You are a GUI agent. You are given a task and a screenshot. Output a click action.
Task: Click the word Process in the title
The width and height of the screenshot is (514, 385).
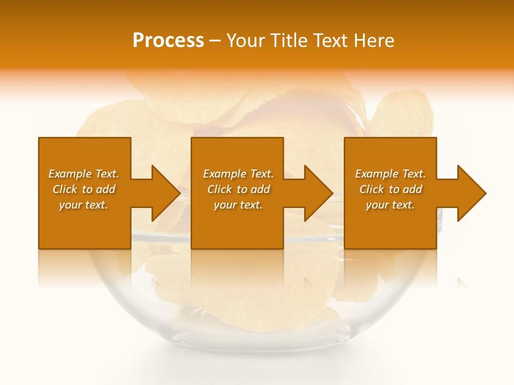(168, 41)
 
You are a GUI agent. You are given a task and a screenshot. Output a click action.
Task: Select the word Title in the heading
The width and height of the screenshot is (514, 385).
(289, 41)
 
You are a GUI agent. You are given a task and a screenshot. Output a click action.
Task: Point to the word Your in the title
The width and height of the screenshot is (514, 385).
(246, 41)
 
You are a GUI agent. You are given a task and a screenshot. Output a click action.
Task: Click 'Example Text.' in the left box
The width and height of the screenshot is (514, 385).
(84, 174)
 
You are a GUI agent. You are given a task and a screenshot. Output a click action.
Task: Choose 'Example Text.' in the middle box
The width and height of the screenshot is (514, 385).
(238, 174)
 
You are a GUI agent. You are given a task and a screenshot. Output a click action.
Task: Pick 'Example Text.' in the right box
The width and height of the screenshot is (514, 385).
(390, 174)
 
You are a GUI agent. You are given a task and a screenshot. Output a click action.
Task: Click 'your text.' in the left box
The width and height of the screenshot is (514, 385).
(84, 205)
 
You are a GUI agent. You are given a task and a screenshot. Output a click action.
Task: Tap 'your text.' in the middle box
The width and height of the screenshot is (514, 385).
(238, 205)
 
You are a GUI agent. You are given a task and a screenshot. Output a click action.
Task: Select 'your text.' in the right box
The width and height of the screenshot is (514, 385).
(390, 205)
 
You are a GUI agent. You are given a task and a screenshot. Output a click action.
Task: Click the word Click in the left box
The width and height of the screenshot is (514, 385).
(65, 189)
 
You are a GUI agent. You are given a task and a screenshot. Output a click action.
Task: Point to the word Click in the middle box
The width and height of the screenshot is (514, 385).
(220, 189)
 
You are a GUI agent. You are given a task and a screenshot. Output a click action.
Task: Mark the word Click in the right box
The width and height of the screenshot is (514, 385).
(372, 189)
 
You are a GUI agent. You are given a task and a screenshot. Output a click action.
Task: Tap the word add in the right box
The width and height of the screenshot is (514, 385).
(412, 189)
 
